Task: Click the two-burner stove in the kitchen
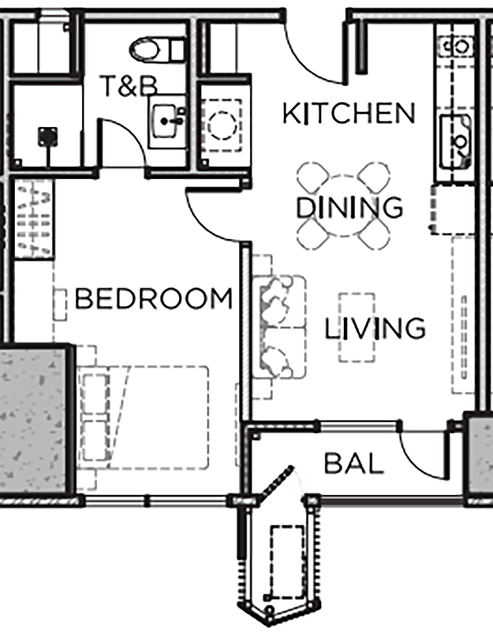click(458, 47)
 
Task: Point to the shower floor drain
click(47, 136)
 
